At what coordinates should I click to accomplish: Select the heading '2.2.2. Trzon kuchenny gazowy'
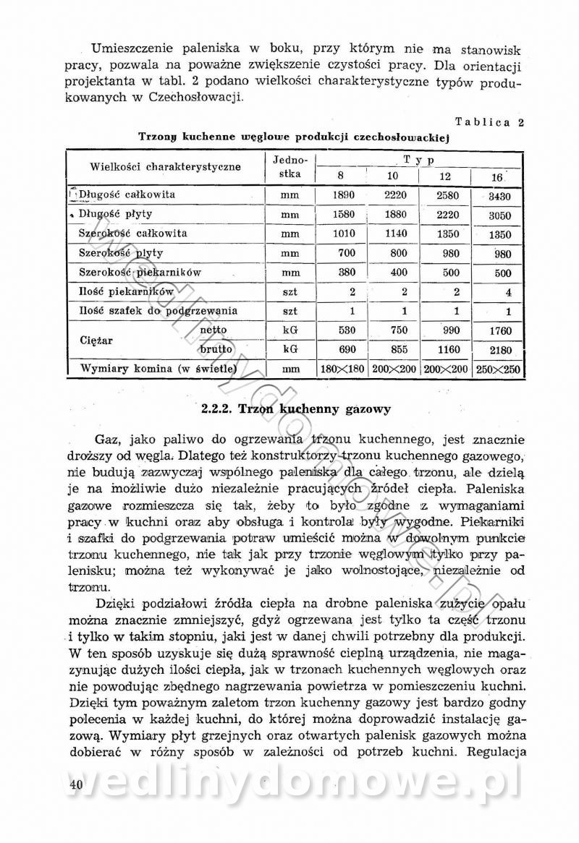pos(297,409)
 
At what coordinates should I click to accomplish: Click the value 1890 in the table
pos(343,195)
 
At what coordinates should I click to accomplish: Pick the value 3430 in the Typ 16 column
pos(499,196)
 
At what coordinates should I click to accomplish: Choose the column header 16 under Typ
pos(497,177)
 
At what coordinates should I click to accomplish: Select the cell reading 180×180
pos(342,369)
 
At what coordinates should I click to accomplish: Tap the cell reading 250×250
pos(499,369)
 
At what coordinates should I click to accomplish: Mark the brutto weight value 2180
pos(499,350)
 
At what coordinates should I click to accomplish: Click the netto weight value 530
pos(343,330)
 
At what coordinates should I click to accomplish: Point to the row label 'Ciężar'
pos(96,339)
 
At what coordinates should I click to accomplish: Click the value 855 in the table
pos(395,349)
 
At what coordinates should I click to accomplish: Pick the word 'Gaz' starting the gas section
pos(106,440)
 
